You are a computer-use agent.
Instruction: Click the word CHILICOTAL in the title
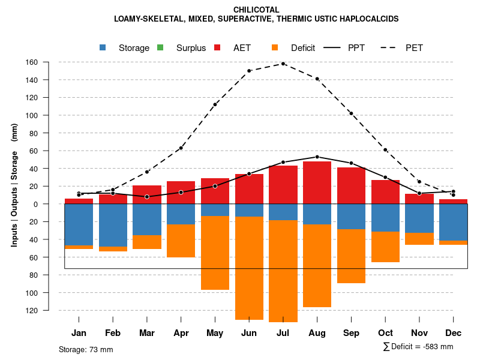tap(256, 10)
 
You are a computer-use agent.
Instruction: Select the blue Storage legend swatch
tap(103, 47)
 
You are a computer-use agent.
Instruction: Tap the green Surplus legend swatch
tap(160, 47)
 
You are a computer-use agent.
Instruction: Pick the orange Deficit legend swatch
tap(275, 47)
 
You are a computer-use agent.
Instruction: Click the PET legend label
tap(414, 48)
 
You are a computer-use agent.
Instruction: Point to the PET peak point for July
tap(283, 64)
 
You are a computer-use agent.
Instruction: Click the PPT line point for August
tap(317, 157)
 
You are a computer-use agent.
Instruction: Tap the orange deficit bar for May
tap(215, 253)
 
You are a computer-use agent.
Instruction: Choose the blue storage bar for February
tap(113, 225)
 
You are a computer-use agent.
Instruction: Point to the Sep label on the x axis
tap(351, 333)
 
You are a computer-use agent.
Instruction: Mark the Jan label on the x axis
tap(79, 333)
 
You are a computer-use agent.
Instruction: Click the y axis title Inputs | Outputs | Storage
tap(14, 185)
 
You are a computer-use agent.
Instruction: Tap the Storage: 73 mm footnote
tap(86, 349)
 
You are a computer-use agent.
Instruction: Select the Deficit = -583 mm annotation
tap(418, 346)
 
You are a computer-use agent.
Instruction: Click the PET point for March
tap(147, 172)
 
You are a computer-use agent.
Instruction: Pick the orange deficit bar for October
tap(385, 247)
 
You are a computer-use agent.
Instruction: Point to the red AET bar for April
tap(181, 193)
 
